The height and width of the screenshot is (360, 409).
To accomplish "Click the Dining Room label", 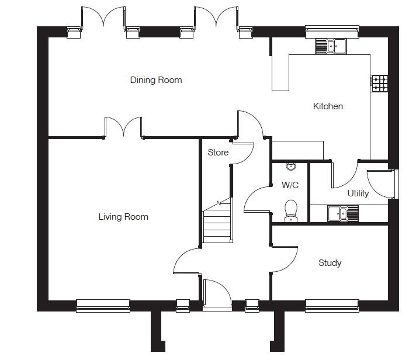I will click(155, 80).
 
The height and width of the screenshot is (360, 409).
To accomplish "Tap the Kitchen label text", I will click(328, 106).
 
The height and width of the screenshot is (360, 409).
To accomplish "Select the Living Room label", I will click(123, 217).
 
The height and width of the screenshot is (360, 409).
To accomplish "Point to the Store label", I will click(218, 153).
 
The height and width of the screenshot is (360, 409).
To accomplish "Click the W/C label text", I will click(290, 185).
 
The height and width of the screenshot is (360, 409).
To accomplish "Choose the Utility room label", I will click(358, 193).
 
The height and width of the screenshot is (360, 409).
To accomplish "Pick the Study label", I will click(330, 263).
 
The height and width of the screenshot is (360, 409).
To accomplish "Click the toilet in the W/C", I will click(290, 212).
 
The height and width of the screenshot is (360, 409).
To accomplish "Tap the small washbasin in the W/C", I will click(290, 167).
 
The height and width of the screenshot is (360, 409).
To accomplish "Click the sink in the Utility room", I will click(343, 214).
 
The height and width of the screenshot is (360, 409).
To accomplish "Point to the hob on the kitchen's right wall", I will click(379, 84).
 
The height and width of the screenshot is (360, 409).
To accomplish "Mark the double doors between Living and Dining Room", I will click(124, 127).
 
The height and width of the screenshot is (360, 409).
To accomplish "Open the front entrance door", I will click(216, 292).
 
